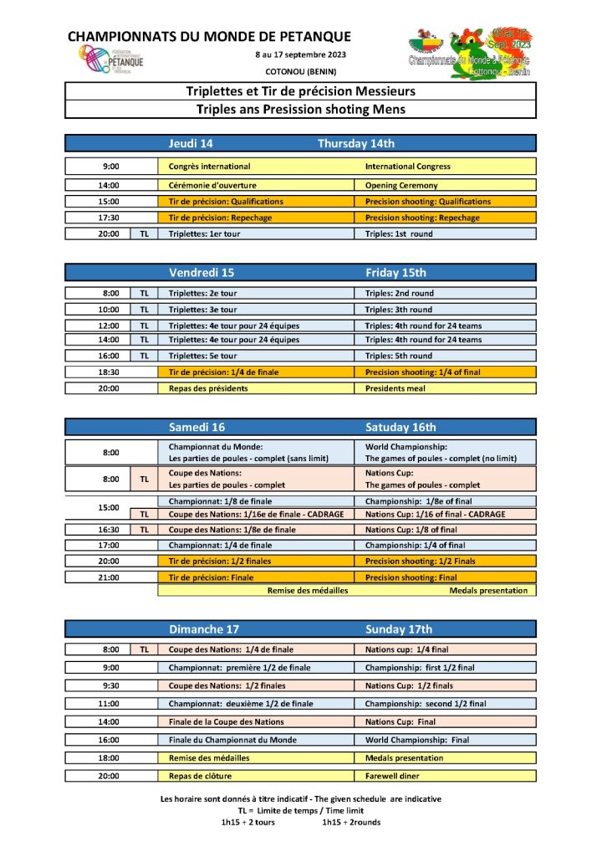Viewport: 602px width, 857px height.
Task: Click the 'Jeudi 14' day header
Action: (193, 143)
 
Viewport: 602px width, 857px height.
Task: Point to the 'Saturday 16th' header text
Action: (400, 427)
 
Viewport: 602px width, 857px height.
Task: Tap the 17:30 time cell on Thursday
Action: (110, 218)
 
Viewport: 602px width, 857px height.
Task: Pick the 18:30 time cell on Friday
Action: (110, 372)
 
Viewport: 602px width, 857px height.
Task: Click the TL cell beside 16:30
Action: (144, 530)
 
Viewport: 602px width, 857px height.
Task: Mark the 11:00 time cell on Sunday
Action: (110, 704)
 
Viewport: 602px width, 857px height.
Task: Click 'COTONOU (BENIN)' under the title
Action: (301, 71)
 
